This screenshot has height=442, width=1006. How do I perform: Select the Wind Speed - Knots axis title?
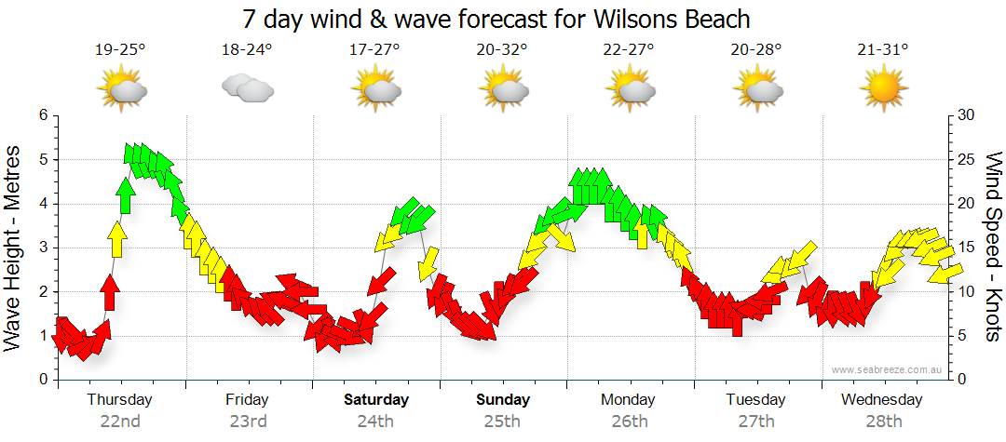[x=992, y=247]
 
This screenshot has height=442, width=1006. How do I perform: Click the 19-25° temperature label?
[x=120, y=50]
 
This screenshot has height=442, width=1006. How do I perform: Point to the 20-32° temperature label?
[x=502, y=50]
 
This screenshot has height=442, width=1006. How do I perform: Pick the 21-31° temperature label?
[x=883, y=50]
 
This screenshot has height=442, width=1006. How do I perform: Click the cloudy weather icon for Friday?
[x=247, y=89]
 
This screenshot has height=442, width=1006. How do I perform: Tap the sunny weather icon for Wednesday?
[x=883, y=89]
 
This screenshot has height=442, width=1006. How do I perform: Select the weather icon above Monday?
[x=630, y=89]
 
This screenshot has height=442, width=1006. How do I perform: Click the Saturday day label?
[x=376, y=400]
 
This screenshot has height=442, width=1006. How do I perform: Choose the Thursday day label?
[x=119, y=400]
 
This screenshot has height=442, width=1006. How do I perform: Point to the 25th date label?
[x=502, y=421]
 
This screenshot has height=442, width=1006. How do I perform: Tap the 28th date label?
[x=883, y=421]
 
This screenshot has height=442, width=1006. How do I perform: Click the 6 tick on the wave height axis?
[x=42, y=115]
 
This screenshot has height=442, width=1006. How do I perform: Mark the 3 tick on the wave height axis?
[x=42, y=248]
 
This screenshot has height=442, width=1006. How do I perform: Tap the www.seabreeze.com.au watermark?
[x=888, y=369]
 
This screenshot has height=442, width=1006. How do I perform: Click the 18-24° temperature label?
[x=247, y=50]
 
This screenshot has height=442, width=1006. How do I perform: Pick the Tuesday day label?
[x=755, y=400]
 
